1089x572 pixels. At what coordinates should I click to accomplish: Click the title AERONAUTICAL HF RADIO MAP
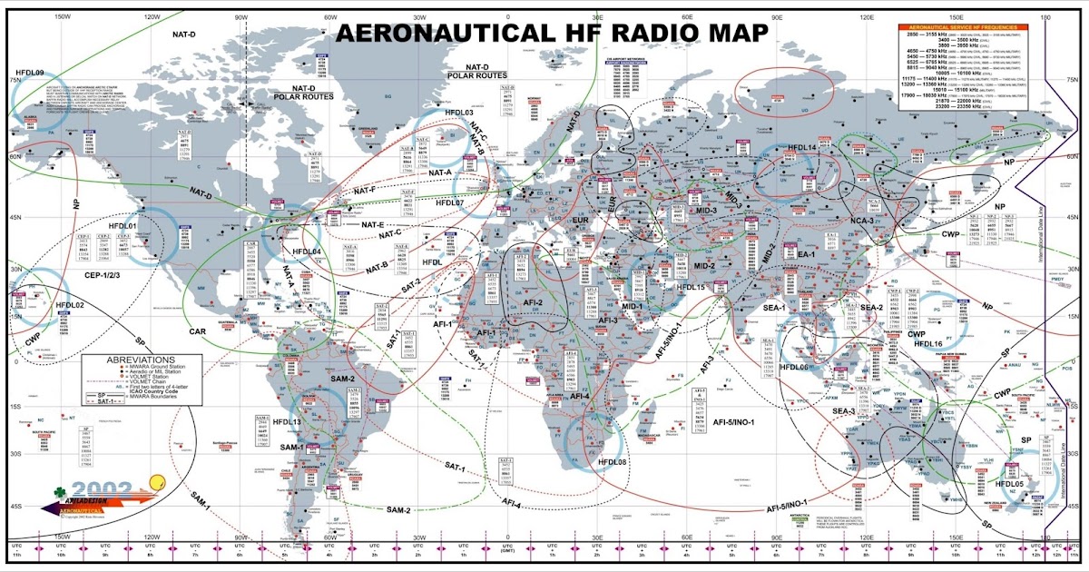click(x=553, y=33)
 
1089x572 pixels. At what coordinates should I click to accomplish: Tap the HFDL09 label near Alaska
click(x=31, y=72)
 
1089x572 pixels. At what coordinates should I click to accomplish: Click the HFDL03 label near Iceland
click(x=453, y=113)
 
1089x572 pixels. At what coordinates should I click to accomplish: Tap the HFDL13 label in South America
click(x=287, y=422)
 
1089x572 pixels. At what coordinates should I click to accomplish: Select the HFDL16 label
click(x=930, y=344)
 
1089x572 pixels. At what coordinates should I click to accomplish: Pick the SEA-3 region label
click(x=829, y=411)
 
